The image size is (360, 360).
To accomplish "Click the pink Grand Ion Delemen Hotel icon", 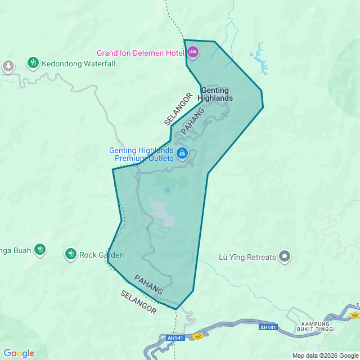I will tap(193, 53).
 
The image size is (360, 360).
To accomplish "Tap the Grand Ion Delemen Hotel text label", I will tap(141, 53).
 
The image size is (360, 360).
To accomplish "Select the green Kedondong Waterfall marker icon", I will tap(33, 63).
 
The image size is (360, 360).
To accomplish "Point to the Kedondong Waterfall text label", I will tap(78, 64).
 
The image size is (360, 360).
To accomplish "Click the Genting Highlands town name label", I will tap(217, 94).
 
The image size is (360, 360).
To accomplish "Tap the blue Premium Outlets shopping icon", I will tap(182, 153).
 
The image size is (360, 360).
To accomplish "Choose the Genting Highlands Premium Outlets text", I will tap(141, 154).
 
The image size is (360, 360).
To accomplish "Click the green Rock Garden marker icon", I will tap(71, 254).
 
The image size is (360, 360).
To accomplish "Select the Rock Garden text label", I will tap(101, 255).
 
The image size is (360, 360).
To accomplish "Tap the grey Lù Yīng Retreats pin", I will tap(285, 257).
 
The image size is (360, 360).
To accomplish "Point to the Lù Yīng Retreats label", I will tap(247, 258).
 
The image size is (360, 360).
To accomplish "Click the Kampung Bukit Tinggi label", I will tap(318, 326).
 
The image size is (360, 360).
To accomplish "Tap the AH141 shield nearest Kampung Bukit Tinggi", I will tap(268, 327).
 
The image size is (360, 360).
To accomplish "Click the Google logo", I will tap(19, 353).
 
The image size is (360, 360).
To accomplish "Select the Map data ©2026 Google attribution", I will tap(325, 355).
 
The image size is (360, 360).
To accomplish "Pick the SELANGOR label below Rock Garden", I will tap(138, 302).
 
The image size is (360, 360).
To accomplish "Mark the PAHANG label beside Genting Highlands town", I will tap(192, 120).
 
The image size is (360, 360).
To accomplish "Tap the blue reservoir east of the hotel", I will tap(259, 57).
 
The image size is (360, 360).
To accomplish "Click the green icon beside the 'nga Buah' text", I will tap(39, 249).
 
